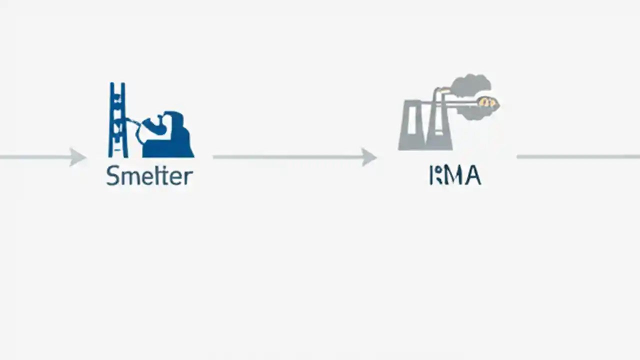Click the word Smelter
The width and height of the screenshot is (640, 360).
click(x=149, y=176)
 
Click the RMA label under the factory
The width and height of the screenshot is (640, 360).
click(x=455, y=176)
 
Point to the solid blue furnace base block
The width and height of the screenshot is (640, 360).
click(x=172, y=145)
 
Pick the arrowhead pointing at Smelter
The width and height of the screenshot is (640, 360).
click(x=77, y=157)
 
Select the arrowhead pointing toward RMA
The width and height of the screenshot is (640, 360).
click(x=369, y=157)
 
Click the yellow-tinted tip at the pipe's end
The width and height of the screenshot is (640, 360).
click(x=487, y=102)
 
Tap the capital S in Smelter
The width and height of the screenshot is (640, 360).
click(x=113, y=176)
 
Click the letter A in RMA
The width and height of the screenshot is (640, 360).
click(x=472, y=176)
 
